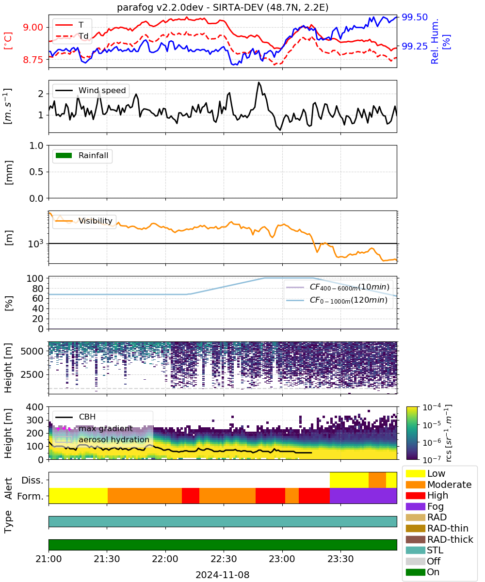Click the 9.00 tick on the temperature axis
[33, 27]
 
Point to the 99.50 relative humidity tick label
[415, 17]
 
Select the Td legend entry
[72, 36]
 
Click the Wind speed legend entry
[91, 90]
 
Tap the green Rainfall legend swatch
[64, 155]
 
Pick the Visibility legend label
[96, 221]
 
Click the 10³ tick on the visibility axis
[36, 243]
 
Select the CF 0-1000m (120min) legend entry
[337, 300]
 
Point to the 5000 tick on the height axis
[32, 351]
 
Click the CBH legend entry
[76, 417]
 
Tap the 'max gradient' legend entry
[94, 428]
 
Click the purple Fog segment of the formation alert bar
[363, 496]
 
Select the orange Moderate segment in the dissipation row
[377, 480]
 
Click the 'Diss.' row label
[32, 480]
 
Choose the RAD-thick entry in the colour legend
[439, 539]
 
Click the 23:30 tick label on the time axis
[340, 559]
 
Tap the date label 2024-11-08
[223, 575]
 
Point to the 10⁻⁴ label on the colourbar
[432, 407]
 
